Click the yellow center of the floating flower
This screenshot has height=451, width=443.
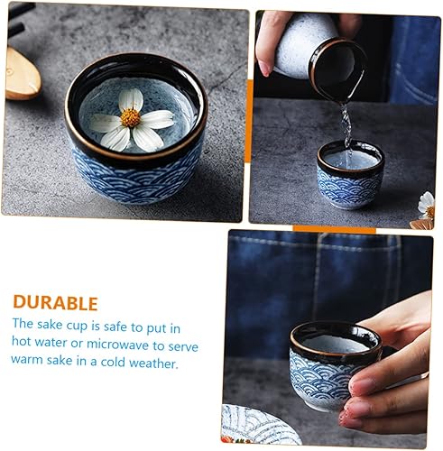click(x=131, y=117)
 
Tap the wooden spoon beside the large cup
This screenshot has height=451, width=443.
click(x=22, y=75)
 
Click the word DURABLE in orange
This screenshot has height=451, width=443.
click(x=56, y=303)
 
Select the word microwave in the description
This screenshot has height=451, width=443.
click(x=117, y=345)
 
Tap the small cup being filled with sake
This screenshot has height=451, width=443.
click(x=350, y=173)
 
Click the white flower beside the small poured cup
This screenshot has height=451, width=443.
click(x=427, y=205)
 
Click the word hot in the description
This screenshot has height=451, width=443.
click(x=22, y=342)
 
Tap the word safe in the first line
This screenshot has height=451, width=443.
click(x=115, y=327)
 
